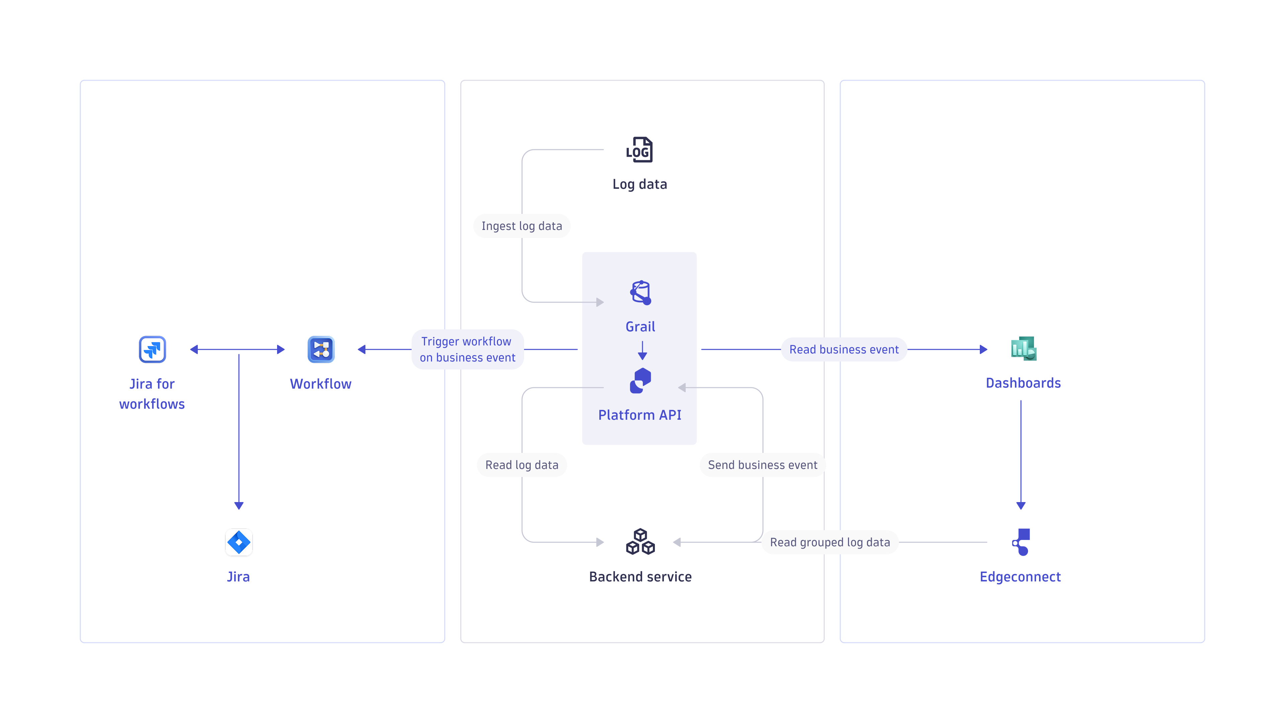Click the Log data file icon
tap(639, 150)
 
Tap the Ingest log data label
tap(522, 226)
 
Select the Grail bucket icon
tap(640, 293)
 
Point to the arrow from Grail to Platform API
tap(642, 351)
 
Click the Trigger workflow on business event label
tap(467, 349)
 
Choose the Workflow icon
tap(321, 349)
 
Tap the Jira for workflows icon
tap(152, 349)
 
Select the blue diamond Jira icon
tap(239, 542)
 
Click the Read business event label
tap(844, 349)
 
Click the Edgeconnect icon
tap(1021, 542)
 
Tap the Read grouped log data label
tap(830, 542)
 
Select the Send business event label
tap(762, 465)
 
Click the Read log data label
tap(522, 465)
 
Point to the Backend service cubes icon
tap(640, 542)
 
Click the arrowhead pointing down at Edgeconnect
tap(1021, 505)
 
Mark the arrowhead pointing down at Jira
tap(239, 505)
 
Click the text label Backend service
tap(640, 577)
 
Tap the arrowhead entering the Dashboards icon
tap(983, 349)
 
